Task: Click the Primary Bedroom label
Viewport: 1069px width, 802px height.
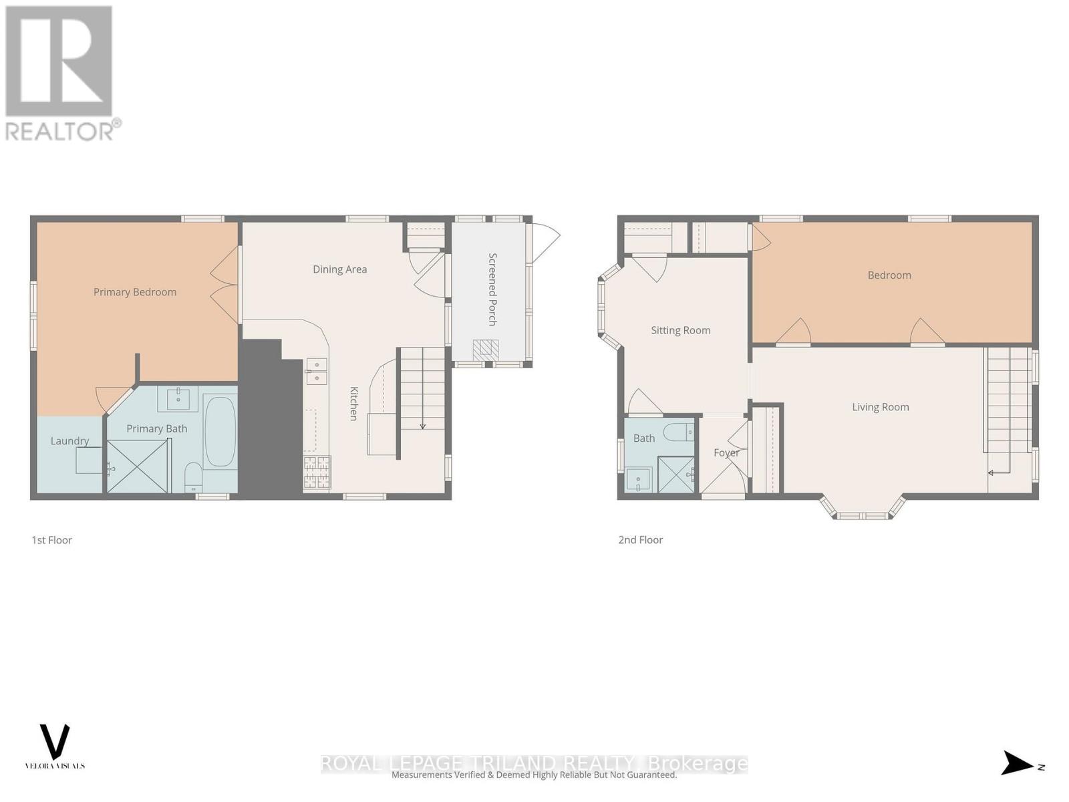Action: point(135,292)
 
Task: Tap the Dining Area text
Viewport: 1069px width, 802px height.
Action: point(339,269)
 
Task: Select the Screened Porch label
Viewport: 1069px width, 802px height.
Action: point(492,289)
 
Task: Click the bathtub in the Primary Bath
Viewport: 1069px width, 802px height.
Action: point(220,432)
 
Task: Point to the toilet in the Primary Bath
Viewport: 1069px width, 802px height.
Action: point(193,475)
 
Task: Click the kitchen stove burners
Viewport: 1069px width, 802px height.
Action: point(317,473)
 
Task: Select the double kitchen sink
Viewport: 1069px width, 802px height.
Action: point(316,372)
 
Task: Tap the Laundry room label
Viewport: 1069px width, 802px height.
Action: point(69,441)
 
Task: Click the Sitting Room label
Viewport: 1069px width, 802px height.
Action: point(680,330)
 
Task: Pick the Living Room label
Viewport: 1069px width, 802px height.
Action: point(880,407)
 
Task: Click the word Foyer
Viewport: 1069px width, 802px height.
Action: point(726,452)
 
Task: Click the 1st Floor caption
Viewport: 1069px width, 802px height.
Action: point(51,540)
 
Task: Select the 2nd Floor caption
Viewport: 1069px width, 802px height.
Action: point(640,540)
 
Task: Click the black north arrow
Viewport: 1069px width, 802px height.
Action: point(1017,763)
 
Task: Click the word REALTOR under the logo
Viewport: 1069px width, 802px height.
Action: point(60,130)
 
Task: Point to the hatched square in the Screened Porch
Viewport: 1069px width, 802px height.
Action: point(486,350)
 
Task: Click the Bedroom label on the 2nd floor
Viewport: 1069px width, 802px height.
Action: point(889,275)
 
